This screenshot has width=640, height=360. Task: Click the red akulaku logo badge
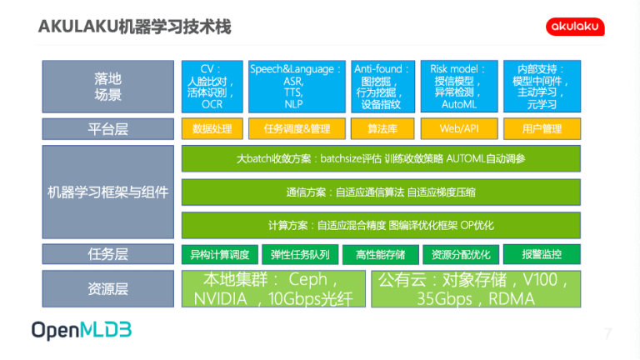tap(575, 27)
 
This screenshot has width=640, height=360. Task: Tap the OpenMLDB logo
tap(82, 330)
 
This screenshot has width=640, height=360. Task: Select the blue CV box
tap(212, 87)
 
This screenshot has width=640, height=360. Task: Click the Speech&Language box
tap(297, 87)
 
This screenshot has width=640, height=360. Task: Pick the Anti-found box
tap(382, 87)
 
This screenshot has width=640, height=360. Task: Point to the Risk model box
tap(459, 87)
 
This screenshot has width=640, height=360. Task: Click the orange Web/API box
tap(459, 129)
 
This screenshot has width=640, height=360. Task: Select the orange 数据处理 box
tap(212, 129)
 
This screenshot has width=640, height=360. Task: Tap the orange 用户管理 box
tap(542, 129)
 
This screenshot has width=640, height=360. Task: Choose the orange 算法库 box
tap(382, 129)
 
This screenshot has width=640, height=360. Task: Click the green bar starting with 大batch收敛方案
tap(381, 158)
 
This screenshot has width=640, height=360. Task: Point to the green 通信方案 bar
tap(381, 192)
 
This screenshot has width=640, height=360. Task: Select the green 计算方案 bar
tap(381, 225)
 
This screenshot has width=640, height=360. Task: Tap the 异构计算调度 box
tap(220, 255)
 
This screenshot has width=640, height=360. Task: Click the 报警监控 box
tap(542, 255)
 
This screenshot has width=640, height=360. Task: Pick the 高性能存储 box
tap(380, 255)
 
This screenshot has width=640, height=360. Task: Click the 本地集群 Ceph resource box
tap(273, 289)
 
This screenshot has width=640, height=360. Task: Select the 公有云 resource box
tap(476, 289)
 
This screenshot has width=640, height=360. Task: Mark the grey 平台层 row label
tap(108, 129)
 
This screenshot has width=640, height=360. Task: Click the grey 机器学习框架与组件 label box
tap(108, 192)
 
